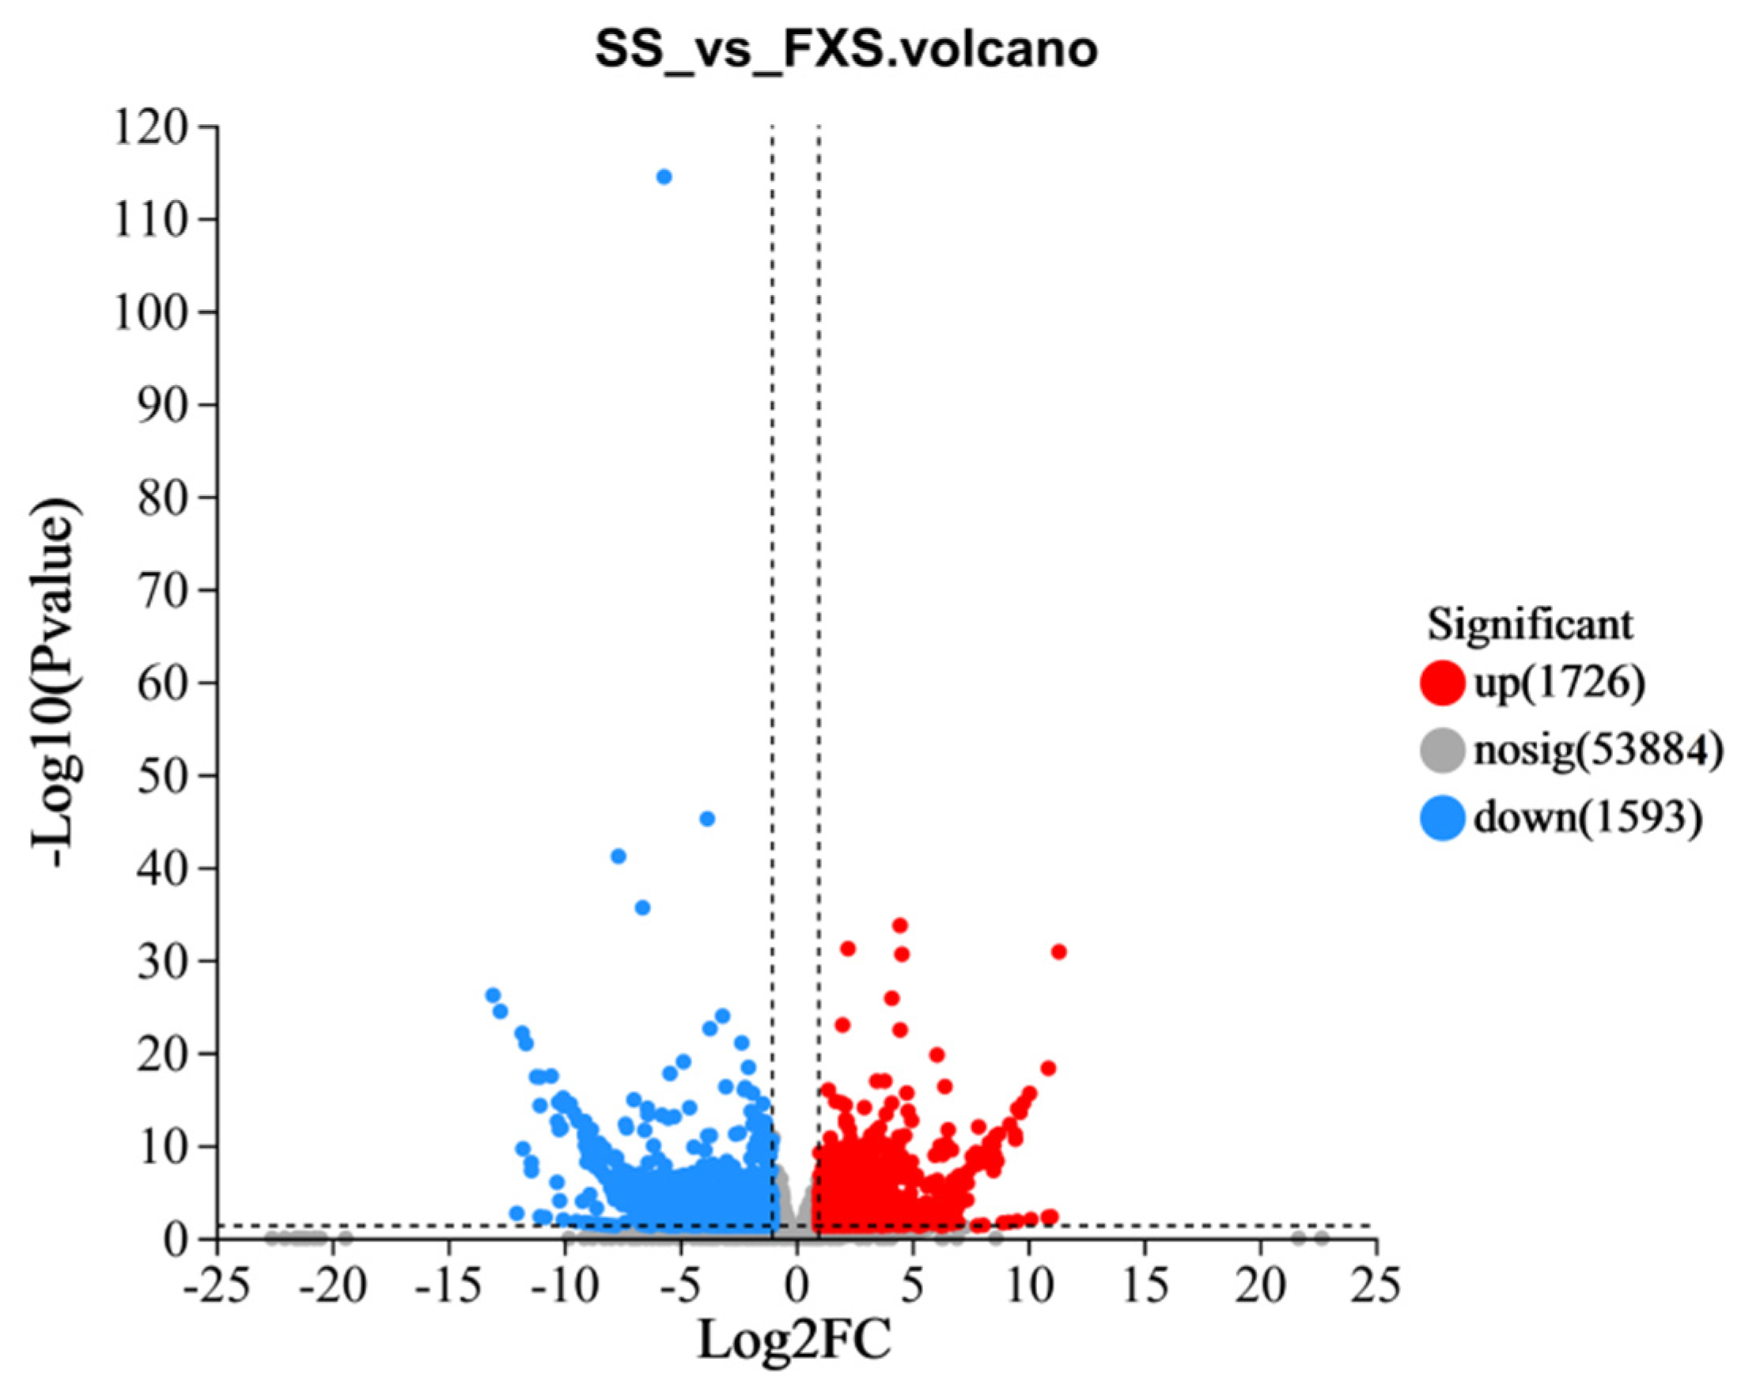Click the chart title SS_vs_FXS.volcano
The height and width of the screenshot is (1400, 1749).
tap(846, 51)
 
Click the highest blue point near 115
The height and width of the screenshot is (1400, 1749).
tap(664, 177)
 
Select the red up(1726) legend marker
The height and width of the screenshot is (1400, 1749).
tap(1442, 682)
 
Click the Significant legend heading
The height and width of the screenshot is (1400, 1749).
tap(1530, 625)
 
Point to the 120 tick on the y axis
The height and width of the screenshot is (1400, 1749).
tap(161, 127)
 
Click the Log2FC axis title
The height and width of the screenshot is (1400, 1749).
tap(794, 1340)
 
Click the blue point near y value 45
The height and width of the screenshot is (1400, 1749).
tap(706, 819)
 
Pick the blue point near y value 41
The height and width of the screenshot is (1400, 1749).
tap(618, 856)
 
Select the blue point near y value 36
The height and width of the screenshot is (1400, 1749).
tap(642, 908)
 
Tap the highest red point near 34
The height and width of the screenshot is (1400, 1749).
tap(899, 925)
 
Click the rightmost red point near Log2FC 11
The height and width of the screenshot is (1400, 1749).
tap(1058, 952)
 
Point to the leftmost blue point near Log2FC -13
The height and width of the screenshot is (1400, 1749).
tap(492, 995)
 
